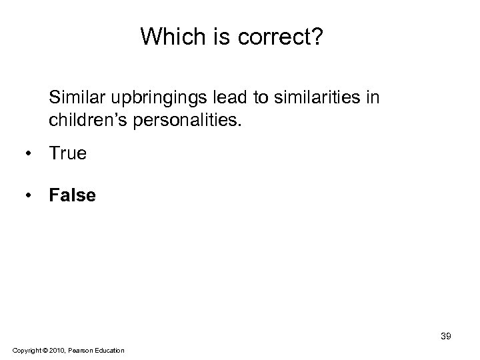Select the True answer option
coord(67,154)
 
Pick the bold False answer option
coord(71,195)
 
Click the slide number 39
coord(445,336)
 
